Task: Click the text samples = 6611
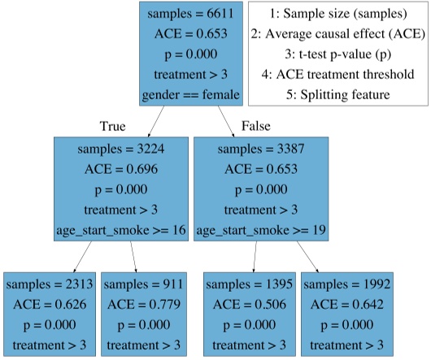191,13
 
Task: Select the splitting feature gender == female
191,94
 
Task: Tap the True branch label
113,126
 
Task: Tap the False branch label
255,126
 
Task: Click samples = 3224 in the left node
121,150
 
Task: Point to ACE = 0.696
121,170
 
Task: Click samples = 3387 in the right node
261,150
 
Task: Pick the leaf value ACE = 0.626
50,305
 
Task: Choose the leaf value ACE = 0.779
147,305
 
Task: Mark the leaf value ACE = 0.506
250,305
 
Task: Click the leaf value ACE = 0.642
346,305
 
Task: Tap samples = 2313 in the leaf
50,285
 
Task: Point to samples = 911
147,285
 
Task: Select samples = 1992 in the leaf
346,285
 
